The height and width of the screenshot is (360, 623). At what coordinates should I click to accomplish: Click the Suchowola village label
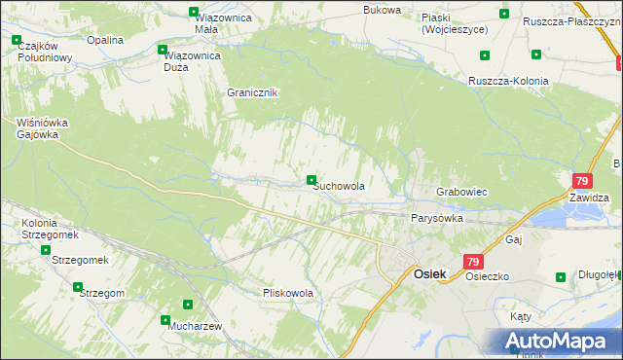point(340,186)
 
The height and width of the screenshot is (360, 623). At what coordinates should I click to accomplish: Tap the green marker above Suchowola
point(311,180)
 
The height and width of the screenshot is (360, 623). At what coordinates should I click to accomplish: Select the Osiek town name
point(430,274)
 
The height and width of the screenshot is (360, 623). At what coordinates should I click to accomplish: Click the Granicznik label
point(252,93)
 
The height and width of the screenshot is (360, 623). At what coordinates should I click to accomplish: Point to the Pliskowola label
point(288,292)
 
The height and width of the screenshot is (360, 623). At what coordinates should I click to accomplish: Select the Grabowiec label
point(461,193)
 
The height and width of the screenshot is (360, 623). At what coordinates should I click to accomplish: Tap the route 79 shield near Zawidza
point(582,181)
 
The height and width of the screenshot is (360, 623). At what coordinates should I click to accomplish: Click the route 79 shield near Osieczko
point(473,262)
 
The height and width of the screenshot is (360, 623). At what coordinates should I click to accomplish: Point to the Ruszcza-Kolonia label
point(508,81)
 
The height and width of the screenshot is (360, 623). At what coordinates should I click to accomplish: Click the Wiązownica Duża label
point(190,61)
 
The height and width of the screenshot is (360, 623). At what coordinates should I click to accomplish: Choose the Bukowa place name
point(382,10)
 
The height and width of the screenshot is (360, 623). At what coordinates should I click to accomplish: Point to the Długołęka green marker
point(561,277)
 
